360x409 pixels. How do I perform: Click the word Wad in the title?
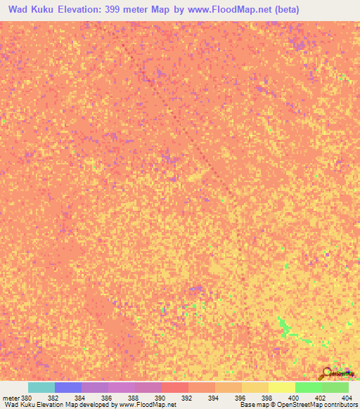[20, 10]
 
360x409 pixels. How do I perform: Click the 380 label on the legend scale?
[26, 398]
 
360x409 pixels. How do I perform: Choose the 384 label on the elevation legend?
[79, 398]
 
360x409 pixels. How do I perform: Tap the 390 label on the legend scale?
[160, 398]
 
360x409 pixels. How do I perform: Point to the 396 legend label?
[240, 398]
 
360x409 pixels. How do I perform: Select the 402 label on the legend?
[320, 398]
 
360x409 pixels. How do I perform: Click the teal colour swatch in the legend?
[41, 387]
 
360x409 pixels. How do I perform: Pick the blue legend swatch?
[68, 387]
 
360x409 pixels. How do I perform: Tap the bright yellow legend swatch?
[282, 387]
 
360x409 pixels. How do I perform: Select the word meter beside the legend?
[11, 398]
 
